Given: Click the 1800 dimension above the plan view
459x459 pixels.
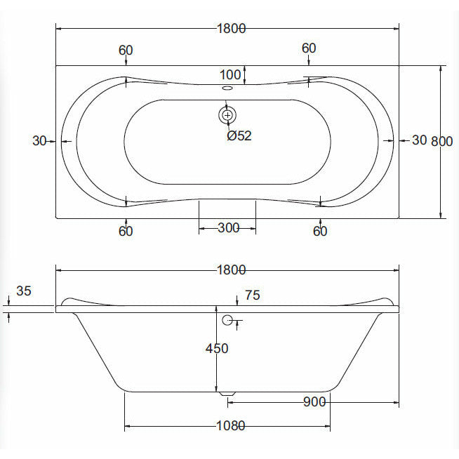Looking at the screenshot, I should point(232,29).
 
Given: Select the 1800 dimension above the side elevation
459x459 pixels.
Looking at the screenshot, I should point(232,270).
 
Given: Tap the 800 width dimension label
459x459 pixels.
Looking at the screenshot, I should point(441,140).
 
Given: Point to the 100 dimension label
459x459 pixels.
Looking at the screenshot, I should point(229,74).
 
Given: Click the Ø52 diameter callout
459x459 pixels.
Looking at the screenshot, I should point(239,136).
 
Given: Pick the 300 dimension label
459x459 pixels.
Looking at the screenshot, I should point(229,227).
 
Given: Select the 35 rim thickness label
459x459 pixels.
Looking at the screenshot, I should point(24,291).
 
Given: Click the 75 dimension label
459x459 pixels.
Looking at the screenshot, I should point(252,295).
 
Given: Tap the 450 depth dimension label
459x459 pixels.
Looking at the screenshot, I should point(217,347).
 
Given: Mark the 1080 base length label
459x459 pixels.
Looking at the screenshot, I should point(232,426).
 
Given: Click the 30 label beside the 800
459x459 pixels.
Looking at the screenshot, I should point(419,140).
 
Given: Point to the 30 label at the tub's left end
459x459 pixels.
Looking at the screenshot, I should point(40,140).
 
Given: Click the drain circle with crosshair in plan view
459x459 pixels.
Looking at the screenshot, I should point(227,114).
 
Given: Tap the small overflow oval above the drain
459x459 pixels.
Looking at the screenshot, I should point(227,88).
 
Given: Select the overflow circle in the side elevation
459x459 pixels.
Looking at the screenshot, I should point(227,321).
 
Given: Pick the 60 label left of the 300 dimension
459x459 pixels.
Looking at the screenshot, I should point(126,231).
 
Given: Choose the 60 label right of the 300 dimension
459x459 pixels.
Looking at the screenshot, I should point(320,231).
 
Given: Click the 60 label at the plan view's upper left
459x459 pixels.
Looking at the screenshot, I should point(126,50).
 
